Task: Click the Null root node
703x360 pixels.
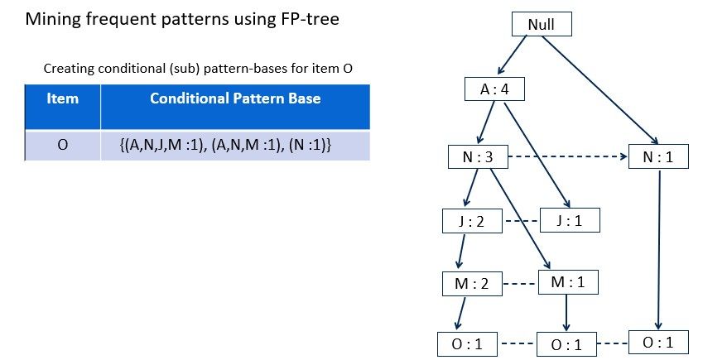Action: [541, 25]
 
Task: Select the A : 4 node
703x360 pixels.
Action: [494, 89]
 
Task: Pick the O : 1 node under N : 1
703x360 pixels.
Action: [657, 341]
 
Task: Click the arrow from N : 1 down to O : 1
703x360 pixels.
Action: [658, 248]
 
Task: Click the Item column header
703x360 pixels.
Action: [62, 99]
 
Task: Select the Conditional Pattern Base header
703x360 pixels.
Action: [235, 99]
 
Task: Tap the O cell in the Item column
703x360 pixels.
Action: [62, 145]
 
